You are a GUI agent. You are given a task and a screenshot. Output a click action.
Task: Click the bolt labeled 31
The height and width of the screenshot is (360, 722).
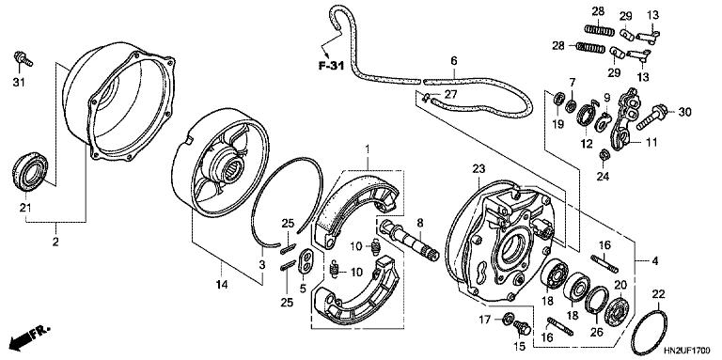(x=23, y=58)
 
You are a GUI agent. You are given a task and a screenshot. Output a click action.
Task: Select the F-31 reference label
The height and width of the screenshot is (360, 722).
(x=331, y=67)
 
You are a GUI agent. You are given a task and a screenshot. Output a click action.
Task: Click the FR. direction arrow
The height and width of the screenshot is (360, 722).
(x=30, y=337)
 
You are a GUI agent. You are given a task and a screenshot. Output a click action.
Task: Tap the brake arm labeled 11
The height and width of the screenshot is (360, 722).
(x=624, y=120)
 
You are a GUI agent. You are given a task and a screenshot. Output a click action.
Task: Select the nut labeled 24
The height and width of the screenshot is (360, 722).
(x=604, y=155)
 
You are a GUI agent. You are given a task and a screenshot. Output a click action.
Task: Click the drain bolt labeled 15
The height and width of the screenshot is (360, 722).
(x=521, y=328)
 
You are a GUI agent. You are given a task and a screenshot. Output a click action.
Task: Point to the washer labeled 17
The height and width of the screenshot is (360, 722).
(x=509, y=317)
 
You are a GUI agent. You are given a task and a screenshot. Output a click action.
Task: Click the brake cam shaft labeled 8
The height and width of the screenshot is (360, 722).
(x=408, y=240)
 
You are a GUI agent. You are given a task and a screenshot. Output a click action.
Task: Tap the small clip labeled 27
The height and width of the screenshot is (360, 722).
(x=427, y=97)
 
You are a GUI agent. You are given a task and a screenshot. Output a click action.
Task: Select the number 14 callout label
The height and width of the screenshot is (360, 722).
(x=222, y=285)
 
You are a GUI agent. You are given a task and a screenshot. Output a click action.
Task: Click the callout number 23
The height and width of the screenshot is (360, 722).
(x=479, y=169)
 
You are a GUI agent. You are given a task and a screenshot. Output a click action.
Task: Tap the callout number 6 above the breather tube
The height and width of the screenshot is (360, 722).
(x=454, y=61)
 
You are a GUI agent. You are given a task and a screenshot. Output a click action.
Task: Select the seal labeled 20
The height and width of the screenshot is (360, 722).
(x=616, y=312)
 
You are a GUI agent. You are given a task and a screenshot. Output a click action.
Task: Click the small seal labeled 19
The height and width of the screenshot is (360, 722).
(x=559, y=99)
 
